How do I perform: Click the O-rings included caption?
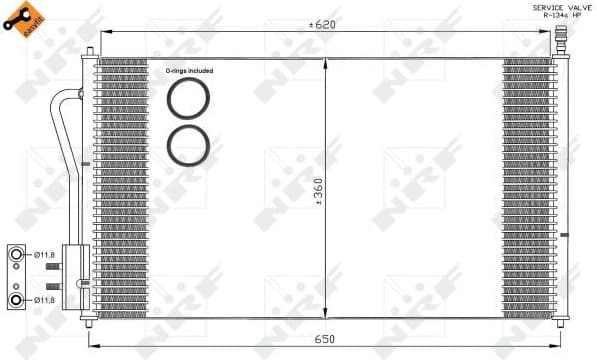(188, 71)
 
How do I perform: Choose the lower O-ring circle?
(187, 145)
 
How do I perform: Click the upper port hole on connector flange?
(17, 256)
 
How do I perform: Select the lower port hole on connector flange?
(17, 298)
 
